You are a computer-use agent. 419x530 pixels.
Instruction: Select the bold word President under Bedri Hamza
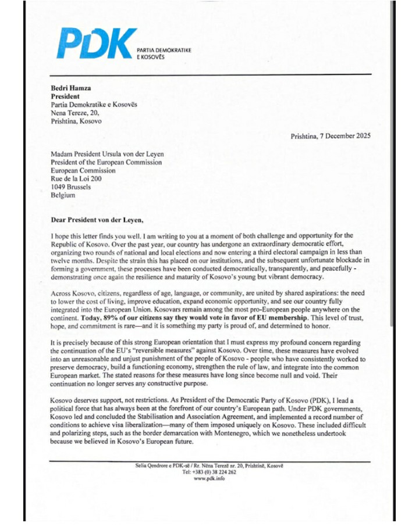coord(65,96)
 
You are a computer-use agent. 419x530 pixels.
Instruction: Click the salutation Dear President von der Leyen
coord(107,221)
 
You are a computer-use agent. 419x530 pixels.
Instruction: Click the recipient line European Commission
coord(83,171)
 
